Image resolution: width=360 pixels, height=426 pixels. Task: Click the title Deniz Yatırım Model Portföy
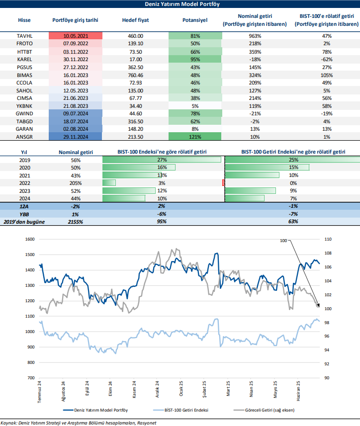[180, 4]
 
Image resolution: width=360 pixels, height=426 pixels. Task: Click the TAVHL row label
[24, 36]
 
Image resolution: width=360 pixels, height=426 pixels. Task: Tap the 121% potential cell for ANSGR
[195, 136]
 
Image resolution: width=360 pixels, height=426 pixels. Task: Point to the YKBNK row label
[24, 106]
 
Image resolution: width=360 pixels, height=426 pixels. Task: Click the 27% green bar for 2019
[162, 160]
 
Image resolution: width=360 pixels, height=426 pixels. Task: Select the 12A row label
[23, 206]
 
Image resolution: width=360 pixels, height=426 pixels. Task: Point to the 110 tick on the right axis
[327, 239]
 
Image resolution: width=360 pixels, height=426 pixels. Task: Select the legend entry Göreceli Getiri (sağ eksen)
[268, 410]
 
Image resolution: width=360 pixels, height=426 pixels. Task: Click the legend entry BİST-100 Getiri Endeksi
[183, 410]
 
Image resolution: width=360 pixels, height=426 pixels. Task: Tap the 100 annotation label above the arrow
[283, 241]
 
